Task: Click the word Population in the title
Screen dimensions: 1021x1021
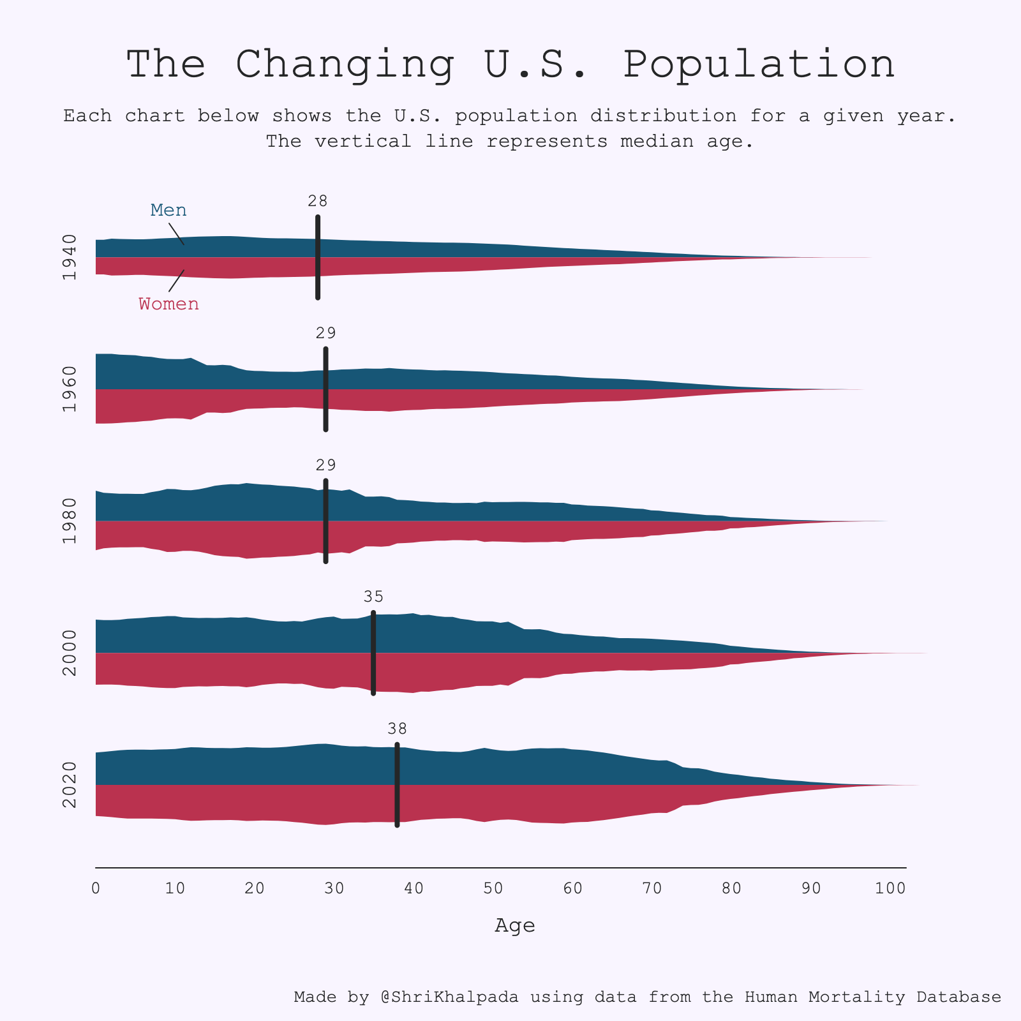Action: tap(759, 64)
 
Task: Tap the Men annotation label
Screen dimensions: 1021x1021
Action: tap(168, 210)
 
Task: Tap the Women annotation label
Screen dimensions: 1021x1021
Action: tap(169, 304)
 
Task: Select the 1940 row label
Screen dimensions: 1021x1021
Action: tap(70, 257)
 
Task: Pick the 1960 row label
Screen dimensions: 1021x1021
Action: tap(70, 389)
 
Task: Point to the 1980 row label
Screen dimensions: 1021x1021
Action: tap(70, 521)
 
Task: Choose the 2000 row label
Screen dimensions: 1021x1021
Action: tap(70, 653)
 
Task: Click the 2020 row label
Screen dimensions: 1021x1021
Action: tap(70, 785)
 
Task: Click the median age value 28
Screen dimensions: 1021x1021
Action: tap(317, 201)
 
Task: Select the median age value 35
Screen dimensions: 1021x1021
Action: tap(373, 597)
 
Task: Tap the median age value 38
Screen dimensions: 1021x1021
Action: tap(397, 729)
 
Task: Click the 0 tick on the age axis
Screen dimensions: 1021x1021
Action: tap(96, 888)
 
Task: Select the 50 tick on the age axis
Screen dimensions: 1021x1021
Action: tap(493, 888)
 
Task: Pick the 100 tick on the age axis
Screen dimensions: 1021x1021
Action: tap(890, 888)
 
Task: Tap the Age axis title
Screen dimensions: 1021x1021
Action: tap(515, 925)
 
